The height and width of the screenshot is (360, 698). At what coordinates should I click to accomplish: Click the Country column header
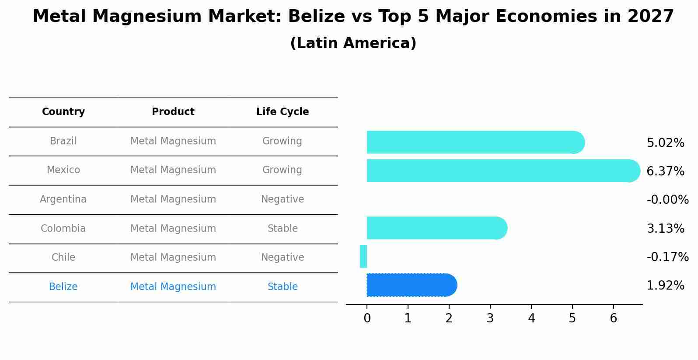63,112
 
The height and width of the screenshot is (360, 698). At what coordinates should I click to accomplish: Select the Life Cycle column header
283,112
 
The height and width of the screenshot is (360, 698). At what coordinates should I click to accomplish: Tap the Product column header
173,112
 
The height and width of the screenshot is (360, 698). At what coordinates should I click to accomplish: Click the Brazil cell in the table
63,141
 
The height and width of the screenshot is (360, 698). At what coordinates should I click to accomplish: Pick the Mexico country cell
63,170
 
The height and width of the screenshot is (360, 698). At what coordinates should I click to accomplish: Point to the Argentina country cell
63,199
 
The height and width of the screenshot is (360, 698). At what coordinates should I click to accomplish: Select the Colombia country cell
63,229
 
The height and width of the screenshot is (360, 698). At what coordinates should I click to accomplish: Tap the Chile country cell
63,258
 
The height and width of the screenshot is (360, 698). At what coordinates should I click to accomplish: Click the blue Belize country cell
63,287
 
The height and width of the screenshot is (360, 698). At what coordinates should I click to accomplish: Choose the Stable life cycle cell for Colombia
283,229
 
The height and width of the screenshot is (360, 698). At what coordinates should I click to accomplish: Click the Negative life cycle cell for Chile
283,258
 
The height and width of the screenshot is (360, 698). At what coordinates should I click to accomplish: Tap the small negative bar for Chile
363,256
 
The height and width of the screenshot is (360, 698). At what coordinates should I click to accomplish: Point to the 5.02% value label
665,143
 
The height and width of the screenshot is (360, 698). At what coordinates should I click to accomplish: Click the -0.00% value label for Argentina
667,200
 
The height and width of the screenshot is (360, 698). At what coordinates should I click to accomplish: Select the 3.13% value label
665,229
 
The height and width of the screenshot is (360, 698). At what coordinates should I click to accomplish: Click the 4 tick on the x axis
531,318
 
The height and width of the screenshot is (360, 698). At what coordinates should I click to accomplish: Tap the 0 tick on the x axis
367,318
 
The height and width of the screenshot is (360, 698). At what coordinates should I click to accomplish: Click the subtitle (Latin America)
353,43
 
